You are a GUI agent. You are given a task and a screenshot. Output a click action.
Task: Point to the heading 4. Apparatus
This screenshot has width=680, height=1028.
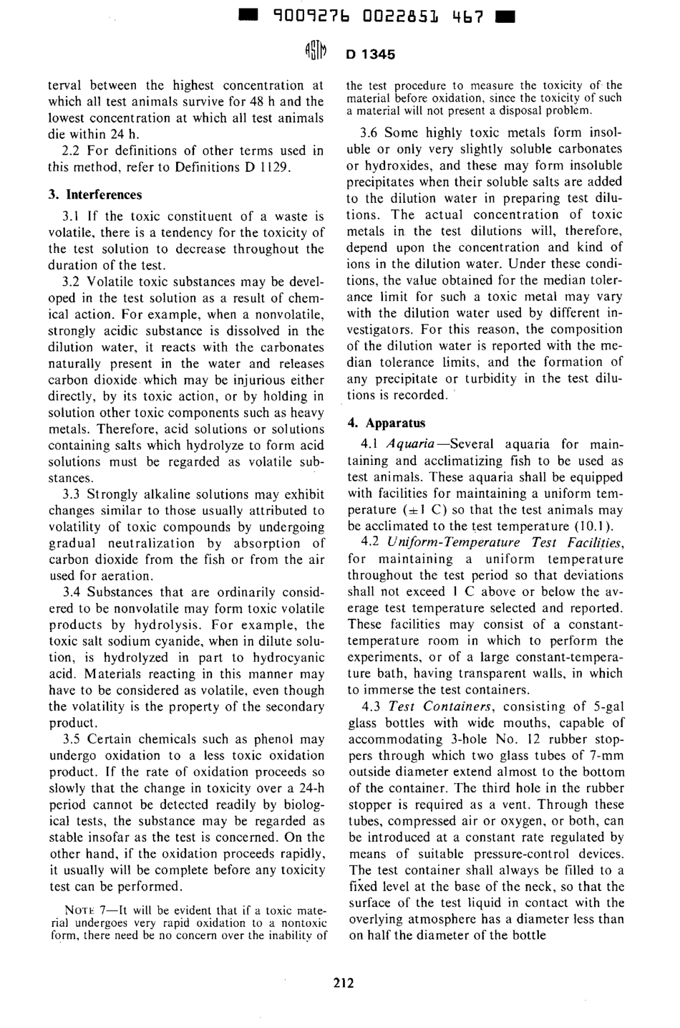tap(387, 423)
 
